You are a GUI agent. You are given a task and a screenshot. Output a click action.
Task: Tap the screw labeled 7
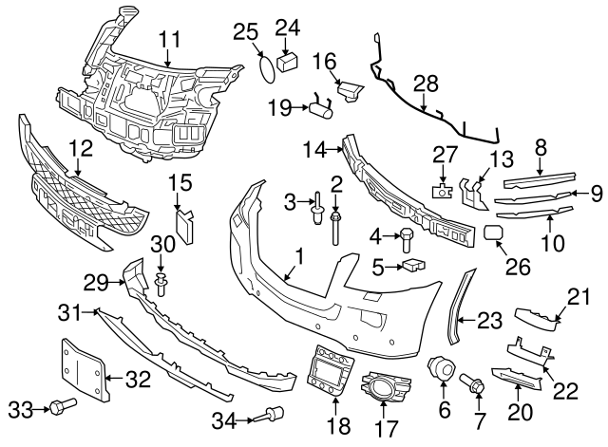(473, 384)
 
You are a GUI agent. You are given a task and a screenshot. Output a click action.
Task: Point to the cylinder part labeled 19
(321, 109)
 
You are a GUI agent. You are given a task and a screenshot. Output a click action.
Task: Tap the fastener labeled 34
(275, 414)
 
